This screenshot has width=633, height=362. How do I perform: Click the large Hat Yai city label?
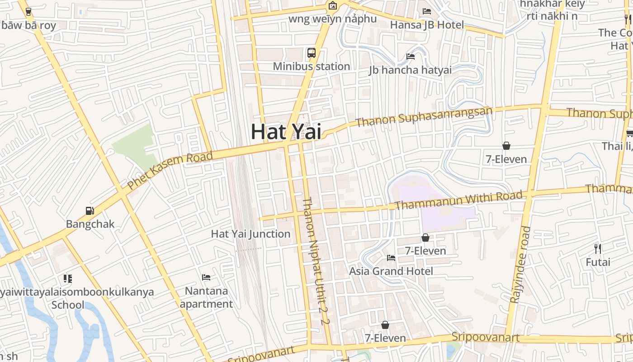pyautogui.click(x=286, y=132)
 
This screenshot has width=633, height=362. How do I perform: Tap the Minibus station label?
pyautogui.click(x=312, y=67)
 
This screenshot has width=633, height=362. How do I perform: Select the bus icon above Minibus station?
pyautogui.click(x=312, y=53)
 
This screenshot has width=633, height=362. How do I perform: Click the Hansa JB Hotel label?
pyautogui.click(x=427, y=25)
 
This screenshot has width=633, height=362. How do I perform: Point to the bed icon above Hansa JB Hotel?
pyautogui.click(x=427, y=11)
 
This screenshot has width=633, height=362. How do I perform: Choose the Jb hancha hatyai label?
pyautogui.click(x=410, y=70)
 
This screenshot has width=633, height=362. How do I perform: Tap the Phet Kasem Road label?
pyautogui.click(x=170, y=171)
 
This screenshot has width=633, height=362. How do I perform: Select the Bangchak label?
pyautogui.click(x=90, y=224)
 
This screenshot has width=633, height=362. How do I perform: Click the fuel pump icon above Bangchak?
pyautogui.click(x=90, y=211)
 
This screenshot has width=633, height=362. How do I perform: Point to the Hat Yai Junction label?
pyautogui.click(x=250, y=234)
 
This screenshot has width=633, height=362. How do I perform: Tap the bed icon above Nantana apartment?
pyautogui.click(x=206, y=277)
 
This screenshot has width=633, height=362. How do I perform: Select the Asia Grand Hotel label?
pyautogui.click(x=391, y=271)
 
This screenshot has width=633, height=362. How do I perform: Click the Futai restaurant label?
pyautogui.click(x=598, y=262)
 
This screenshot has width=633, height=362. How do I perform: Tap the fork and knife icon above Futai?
pyautogui.click(x=598, y=248)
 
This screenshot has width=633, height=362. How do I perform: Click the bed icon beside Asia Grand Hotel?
pyautogui.click(x=391, y=258)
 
